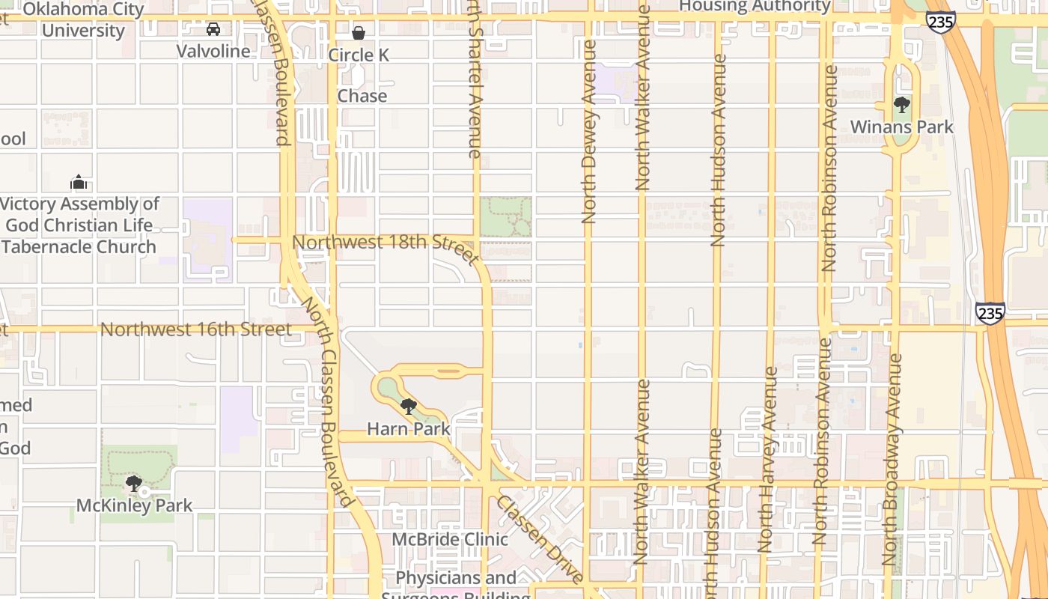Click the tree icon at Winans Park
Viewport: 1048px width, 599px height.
click(902, 105)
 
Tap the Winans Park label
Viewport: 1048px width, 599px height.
click(902, 127)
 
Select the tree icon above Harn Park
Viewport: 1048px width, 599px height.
click(409, 407)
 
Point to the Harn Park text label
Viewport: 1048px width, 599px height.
click(409, 429)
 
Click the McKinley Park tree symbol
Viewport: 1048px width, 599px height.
click(134, 484)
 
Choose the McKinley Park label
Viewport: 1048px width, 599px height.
click(135, 506)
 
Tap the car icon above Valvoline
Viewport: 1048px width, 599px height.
click(213, 29)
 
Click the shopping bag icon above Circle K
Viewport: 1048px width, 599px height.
click(359, 33)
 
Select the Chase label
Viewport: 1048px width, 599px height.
click(362, 96)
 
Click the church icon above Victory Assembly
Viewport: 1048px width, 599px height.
click(79, 182)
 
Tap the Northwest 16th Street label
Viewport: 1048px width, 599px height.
click(196, 329)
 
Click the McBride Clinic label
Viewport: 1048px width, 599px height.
click(451, 539)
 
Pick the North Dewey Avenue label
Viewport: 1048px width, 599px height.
click(589, 131)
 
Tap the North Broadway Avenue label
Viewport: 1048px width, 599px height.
click(892, 460)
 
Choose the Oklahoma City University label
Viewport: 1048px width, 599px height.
click(84, 19)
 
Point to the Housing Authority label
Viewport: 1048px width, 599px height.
click(755, 7)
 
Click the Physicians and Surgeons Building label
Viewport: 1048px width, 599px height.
click(456, 585)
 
